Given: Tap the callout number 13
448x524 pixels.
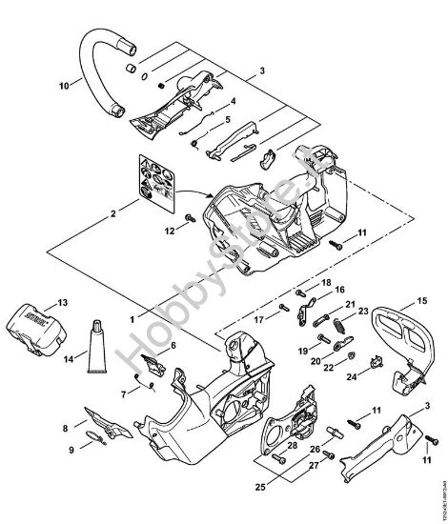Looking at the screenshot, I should tap(63, 303).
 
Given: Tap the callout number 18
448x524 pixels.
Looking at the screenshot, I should tap(326, 283).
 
